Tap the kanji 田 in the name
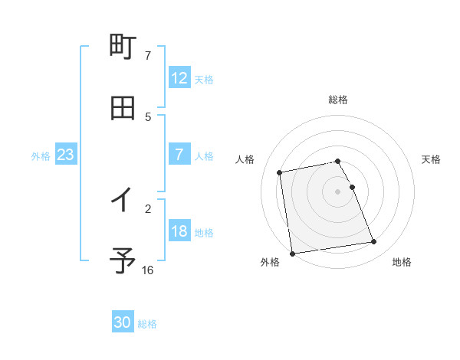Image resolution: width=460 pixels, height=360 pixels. (x=123, y=108)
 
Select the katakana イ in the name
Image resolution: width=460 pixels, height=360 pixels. (x=123, y=200)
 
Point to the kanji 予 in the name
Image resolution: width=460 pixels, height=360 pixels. (x=123, y=261)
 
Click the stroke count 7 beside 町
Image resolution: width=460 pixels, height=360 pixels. (x=148, y=56)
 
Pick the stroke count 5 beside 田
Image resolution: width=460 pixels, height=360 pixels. (x=148, y=116)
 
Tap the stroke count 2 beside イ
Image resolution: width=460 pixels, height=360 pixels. (x=148, y=208)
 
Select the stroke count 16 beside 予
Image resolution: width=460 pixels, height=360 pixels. (x=148, y=270)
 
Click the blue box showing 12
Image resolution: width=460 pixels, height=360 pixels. (x=179, y=78)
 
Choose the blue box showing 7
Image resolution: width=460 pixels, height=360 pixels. (x=179, y=155)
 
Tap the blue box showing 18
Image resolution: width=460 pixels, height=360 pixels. (x=179, y=231)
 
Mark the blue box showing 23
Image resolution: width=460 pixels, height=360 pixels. (x=65, y=155)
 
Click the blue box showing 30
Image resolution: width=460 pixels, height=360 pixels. (x=123, y=322)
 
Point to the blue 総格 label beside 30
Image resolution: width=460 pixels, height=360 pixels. (x=147, y=324)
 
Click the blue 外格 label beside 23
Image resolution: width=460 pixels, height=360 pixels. (x=41, y=156)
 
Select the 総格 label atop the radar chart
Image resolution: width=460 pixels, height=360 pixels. (x=338, y=100)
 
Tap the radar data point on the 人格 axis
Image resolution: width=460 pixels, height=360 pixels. (x=281, y=172)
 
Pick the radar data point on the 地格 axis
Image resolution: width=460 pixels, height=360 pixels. (x=373, y=242)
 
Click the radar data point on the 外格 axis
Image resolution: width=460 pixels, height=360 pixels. (x=292, y=253)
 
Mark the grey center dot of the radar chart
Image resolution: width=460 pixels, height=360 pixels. (x=338, y=191)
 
